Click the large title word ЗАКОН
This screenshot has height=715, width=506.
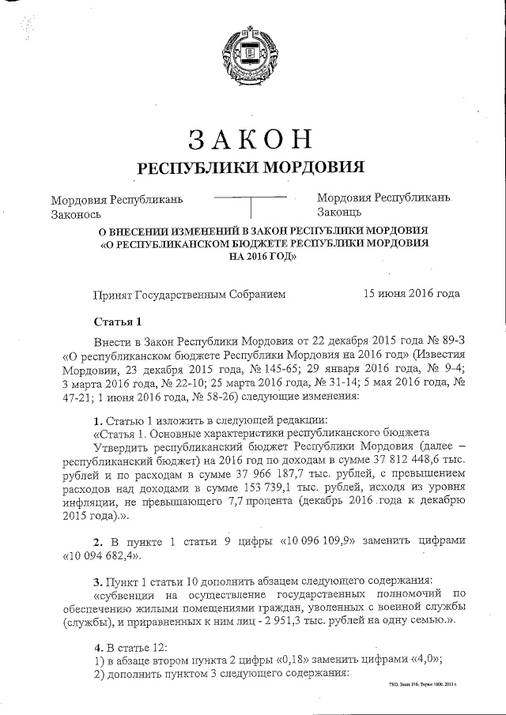[251, 139]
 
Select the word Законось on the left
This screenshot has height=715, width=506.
[76, 213]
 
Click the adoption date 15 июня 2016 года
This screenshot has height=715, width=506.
[411, 293]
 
